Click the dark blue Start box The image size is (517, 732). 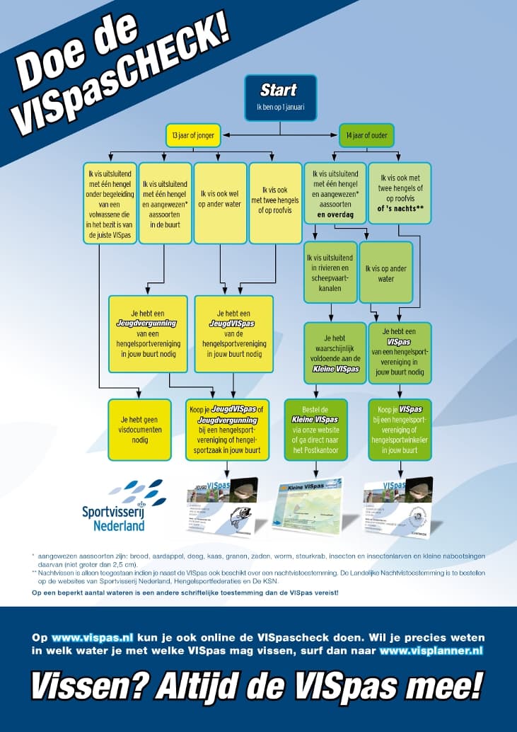point(280,98)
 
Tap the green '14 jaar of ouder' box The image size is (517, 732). point(366,135)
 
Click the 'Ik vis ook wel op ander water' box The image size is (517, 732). point(219,193)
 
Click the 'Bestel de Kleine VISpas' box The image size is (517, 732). point(315,430)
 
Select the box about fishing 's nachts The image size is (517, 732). point(400,193)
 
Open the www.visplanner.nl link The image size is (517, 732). point(431,649)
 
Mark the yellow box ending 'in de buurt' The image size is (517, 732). point(163,202)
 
